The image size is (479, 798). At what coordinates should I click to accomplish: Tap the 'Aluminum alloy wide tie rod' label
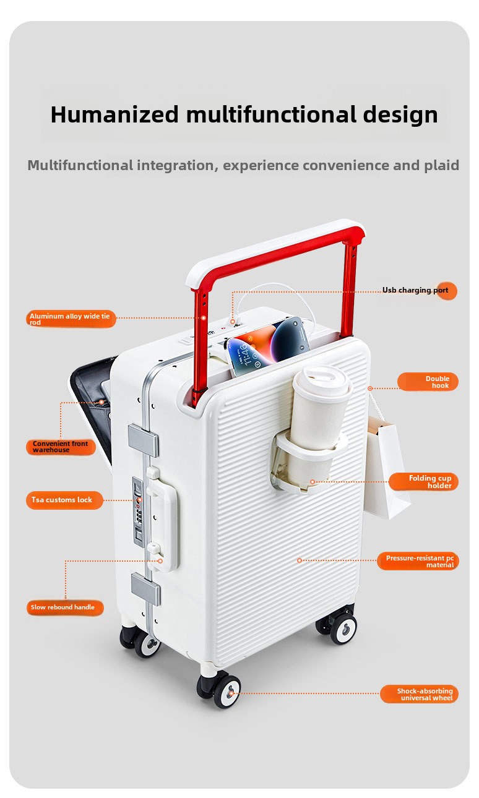tap(71, 319)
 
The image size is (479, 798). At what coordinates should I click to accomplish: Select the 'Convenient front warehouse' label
tap(61, 447)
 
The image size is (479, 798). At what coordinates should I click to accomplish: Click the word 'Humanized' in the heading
tap(114, 114)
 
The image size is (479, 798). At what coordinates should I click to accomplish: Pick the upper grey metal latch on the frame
tap(144, 440)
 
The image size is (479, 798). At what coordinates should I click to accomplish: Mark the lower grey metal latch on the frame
tap(146, 589)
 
